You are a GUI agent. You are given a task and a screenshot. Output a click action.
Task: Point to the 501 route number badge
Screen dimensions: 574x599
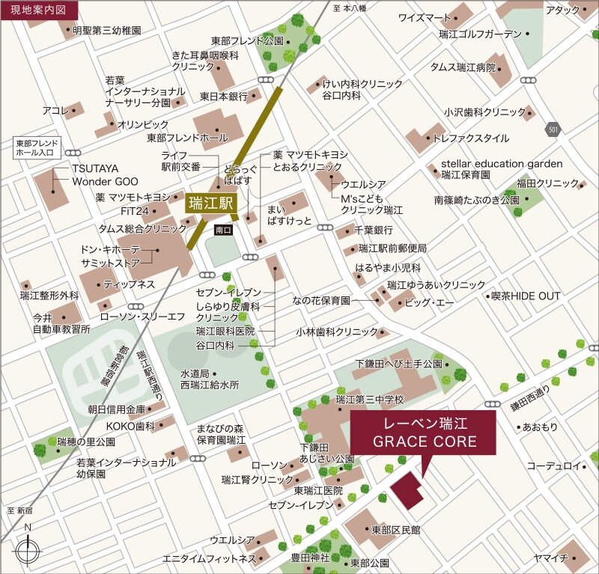[553, 129]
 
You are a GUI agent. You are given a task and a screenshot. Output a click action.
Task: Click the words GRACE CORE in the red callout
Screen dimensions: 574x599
[425, 442]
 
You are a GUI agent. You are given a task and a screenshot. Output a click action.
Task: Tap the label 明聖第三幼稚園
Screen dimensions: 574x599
[107, 31]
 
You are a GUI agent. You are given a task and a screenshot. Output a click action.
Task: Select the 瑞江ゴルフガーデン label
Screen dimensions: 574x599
[480, 34]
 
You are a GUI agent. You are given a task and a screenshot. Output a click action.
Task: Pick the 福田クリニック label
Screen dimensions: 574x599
[547, 183]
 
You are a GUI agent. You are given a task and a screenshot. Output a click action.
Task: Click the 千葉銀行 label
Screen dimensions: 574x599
[374, 231]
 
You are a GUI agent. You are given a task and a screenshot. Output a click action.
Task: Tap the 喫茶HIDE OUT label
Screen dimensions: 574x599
[525, 296]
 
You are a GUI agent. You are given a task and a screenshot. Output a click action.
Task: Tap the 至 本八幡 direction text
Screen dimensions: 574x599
[350, 8]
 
